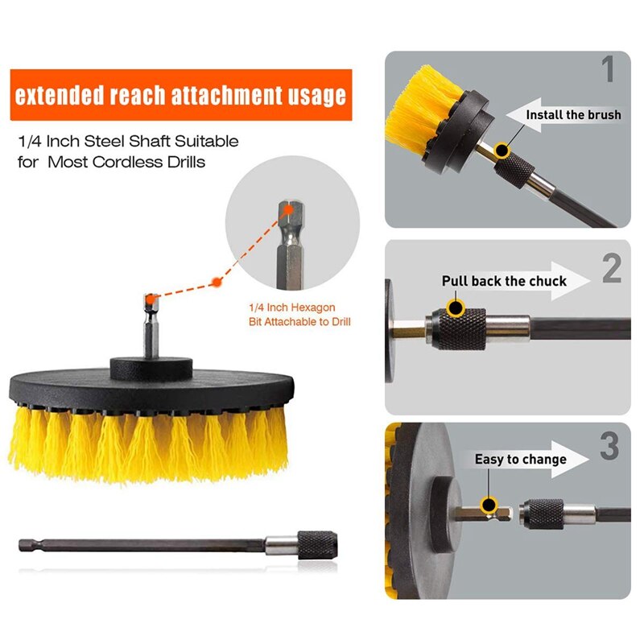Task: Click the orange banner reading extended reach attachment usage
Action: tap(180, 96)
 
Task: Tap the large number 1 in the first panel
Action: tap(608, 69)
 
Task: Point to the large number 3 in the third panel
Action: tap(609, 447)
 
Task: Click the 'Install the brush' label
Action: tap(573, 115)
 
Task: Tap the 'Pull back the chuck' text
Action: tap(504, 281)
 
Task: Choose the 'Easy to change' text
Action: tap(520, 460)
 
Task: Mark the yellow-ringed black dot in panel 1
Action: tap(503, 150)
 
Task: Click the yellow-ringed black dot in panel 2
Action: tap(456, 308)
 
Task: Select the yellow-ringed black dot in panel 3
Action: tap(488, 506)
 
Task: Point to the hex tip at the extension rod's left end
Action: tap(28, 545)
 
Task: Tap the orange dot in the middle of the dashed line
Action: tap(216, 282)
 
